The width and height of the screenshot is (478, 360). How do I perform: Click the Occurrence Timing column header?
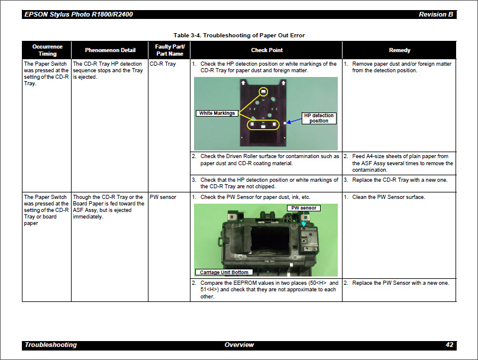[x=47, y=50]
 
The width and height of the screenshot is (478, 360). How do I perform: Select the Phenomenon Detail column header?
[x=109, y=50]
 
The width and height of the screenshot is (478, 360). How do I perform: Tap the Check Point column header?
[x=266, y=50]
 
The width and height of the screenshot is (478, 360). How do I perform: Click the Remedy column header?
[x=399, y=50]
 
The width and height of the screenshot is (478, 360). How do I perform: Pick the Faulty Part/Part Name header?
[x=169, y=50]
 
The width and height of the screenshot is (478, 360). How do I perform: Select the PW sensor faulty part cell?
[x=163, y=197]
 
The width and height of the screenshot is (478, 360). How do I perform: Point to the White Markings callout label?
[x=217, y=113]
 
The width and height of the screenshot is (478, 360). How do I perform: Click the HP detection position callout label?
[x=318, y=118]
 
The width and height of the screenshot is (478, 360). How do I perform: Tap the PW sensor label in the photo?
[x=304, y=208]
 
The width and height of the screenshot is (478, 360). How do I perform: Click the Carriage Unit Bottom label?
[x=224, y=272]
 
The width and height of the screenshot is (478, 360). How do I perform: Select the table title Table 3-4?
[x=239, y=36]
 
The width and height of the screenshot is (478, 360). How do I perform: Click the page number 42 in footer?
[x=449, y=345]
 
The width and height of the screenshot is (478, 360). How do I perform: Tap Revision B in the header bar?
[x=436, y=14]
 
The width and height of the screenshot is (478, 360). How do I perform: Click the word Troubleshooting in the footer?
[x=51, y=345]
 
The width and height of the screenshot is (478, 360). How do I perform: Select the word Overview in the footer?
[x=239, y=345]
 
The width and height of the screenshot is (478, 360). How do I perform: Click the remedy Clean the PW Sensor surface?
[x=388, y=197]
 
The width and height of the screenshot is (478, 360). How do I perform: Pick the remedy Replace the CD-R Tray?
[x=399, y=179]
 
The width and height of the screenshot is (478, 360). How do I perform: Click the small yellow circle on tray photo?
[x=264, y=91]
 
